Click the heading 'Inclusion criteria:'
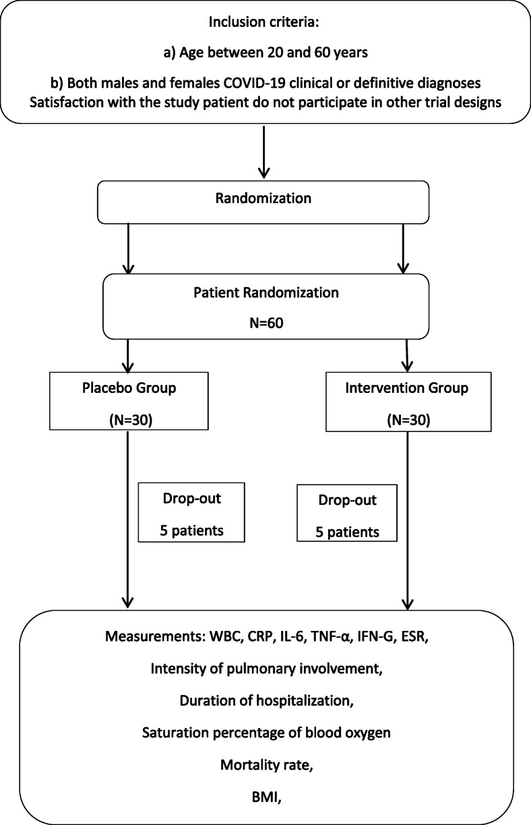tap(263, 22)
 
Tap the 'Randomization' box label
tap(263, 198)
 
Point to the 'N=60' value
tap(266, 323)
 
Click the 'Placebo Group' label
tap(129, 388)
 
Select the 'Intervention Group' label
tap(406, 388)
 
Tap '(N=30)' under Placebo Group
tap(131, 420)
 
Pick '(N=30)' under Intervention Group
tap(408, 420)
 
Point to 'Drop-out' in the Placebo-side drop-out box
tap(192, 498)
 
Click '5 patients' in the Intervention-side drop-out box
tap(347, 532)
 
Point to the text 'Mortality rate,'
tap(267, 765)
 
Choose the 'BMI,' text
tap(267, 797)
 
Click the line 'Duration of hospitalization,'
tap(267, 700)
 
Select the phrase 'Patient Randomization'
tap(266, 293)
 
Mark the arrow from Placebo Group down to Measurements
tap(128, 520)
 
